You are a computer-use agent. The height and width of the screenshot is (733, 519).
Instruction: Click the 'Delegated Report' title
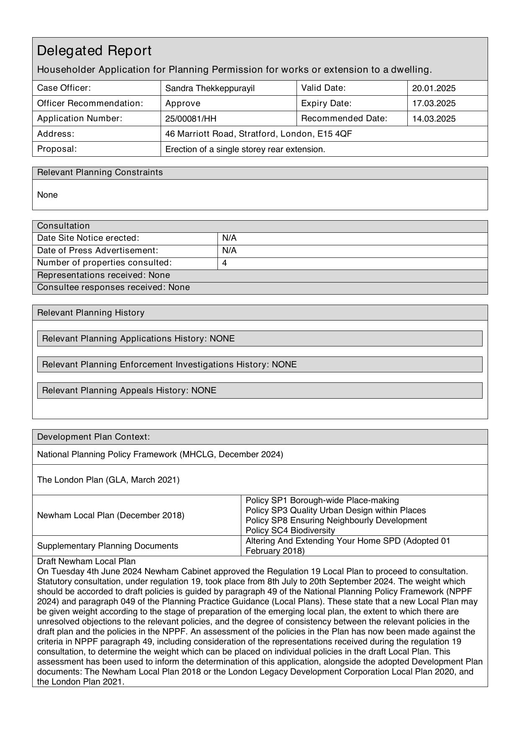pos(94,51)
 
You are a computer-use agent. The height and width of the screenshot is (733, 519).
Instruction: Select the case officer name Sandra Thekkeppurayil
pos(210,88)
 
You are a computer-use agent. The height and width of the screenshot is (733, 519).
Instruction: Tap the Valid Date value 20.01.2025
pos(434,88)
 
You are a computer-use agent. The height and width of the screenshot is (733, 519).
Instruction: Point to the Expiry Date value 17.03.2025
pos(434,103)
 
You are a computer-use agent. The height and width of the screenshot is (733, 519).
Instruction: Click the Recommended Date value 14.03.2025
pos(434,119)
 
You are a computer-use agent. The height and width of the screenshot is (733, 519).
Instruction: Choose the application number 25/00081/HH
pos(191,119)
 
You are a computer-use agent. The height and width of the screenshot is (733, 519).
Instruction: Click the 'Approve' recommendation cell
pos(183,103)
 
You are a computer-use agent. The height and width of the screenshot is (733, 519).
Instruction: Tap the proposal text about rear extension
pos(245,149)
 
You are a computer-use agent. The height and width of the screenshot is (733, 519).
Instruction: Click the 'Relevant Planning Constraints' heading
pos(100,173)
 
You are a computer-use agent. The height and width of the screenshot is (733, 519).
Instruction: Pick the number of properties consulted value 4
pos(225,263)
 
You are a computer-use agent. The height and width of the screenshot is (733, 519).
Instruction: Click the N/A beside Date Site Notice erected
pos(229,238)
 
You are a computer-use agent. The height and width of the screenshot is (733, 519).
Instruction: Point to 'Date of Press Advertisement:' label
pos(97,250)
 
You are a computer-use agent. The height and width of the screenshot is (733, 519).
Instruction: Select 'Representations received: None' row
pos(104,275)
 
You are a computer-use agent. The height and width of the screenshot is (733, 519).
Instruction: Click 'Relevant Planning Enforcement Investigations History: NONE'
pos(169,364)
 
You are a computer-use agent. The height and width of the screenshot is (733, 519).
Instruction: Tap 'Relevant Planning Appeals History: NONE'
pos(129,390)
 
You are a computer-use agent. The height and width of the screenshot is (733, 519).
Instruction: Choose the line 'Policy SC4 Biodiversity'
pos(290,530)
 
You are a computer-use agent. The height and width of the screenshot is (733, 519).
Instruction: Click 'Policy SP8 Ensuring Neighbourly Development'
pos(336,520)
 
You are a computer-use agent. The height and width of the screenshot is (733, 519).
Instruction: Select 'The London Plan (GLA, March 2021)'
pos(108,480)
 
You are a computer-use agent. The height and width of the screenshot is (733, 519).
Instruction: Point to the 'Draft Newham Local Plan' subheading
pos(86,561)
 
